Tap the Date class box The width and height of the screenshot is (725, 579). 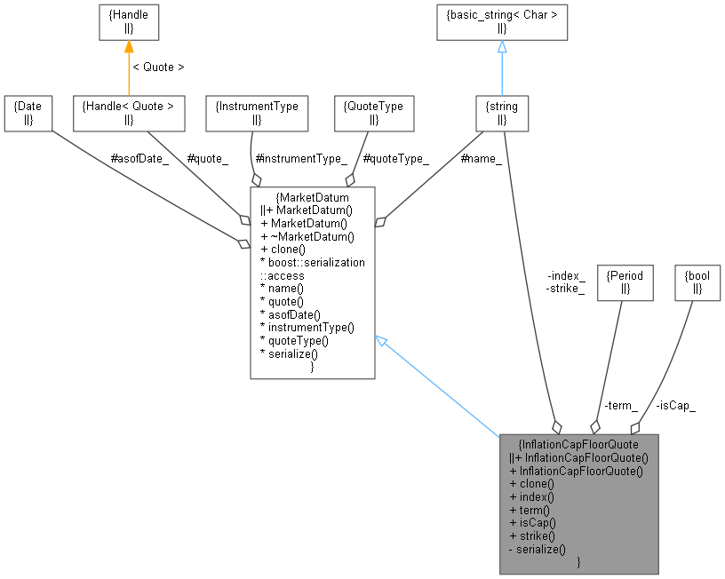27,112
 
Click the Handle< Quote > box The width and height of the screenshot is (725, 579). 128,112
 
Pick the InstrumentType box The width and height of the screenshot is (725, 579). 257,112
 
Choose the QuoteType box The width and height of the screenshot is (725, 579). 373,112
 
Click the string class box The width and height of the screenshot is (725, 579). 502,112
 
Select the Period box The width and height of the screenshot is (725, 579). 625,282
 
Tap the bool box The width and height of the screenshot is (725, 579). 697,282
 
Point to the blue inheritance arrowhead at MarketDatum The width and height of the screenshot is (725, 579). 381,341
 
